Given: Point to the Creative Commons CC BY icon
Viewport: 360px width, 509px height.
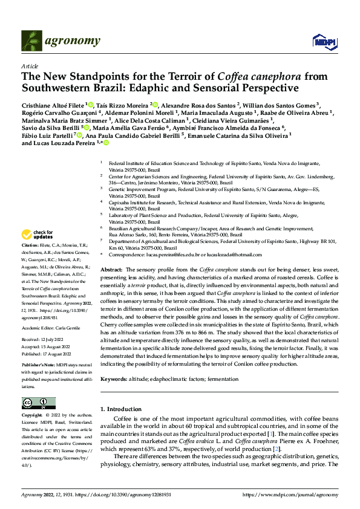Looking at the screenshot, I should click(x=38, y=403).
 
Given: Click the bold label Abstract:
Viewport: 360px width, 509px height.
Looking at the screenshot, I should click(x=111, y=268).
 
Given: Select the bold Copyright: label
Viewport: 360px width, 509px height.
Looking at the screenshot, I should click(x=33, y=416).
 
